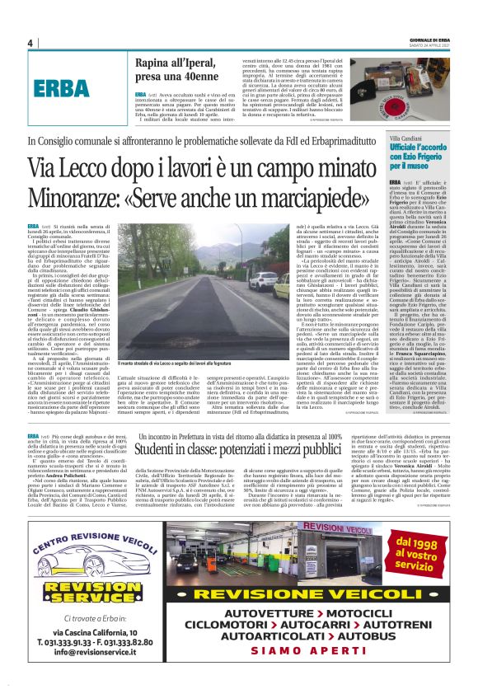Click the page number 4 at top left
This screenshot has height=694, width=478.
30,43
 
